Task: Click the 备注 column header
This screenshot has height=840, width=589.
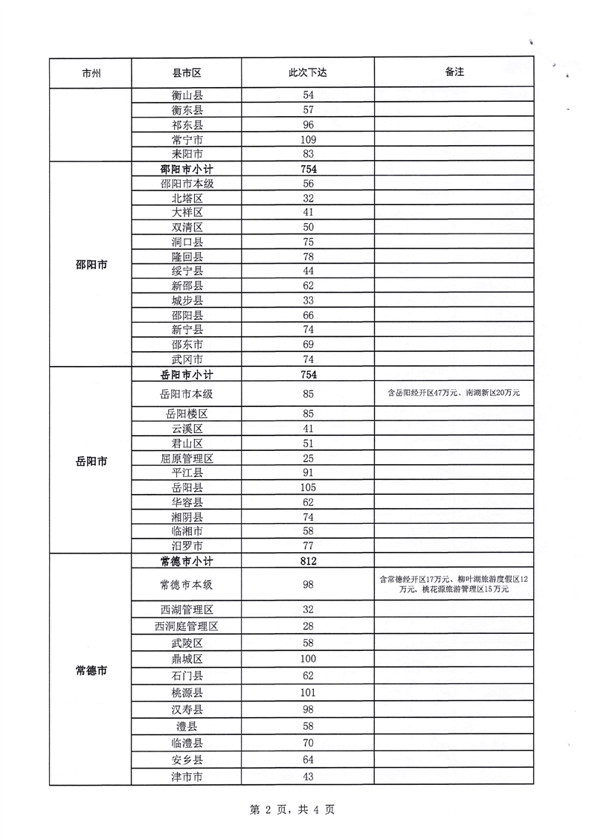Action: pos(454,73)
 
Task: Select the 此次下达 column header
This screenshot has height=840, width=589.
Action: pos(308,73)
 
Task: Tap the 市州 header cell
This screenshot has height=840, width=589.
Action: pos(91,73)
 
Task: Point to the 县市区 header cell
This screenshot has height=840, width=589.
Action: pos(187,73)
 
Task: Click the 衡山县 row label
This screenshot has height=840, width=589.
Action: pos(187,96)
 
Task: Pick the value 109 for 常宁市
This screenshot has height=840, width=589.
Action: pos(309,140)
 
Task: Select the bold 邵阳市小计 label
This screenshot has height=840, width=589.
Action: pos(187,169)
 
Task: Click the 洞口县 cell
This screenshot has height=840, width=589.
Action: pos(187,242)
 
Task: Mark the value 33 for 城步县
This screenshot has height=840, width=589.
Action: pos(309,300)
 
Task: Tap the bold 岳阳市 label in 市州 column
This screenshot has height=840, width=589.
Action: pos(91,461)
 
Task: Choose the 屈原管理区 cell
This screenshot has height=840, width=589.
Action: pos(187,458)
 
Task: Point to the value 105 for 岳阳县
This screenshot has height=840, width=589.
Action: pos(309,487)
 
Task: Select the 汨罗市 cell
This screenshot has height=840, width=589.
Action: pos(187,545)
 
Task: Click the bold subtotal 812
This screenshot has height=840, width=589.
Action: pos(309,560)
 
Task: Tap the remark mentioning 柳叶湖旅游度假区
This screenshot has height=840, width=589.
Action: pos(453,583)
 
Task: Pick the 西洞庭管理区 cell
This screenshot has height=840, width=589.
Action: pos(187,626)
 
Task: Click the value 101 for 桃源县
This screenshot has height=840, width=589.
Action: pos(309,693)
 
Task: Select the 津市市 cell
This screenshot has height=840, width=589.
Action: pos(187,777)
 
